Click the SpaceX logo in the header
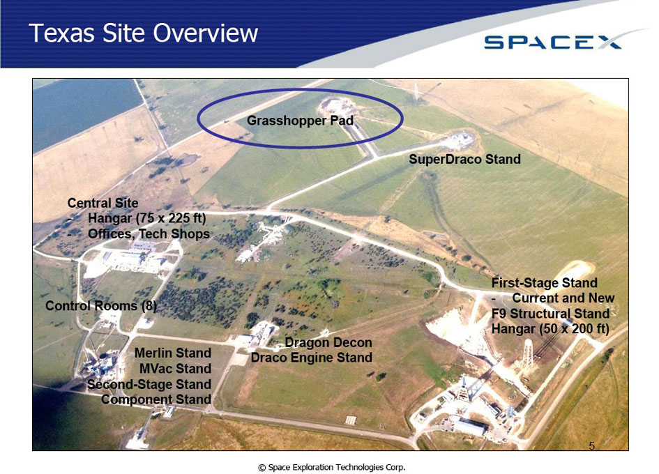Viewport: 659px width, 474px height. [x=553, y=42]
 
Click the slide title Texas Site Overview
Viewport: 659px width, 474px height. [x=144, y=33]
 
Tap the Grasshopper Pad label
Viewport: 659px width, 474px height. [x=300, y=121]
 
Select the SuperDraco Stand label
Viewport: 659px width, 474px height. [x=465, y=159]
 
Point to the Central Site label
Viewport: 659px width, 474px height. [x=103, y=203]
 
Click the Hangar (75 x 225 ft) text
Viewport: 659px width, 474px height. [x=147, y=218]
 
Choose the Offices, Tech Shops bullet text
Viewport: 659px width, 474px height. [x=149, y=234]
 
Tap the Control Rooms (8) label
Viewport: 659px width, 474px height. [x=101, y=305]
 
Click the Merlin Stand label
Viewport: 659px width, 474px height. [x=173, y=353]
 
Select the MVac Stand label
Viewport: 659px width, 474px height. [x=175, y=368]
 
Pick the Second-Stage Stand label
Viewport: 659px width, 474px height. [x=149, y=384]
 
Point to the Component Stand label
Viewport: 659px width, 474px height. [x=156, y=399]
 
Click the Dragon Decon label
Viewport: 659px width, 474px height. [x=328, y=342]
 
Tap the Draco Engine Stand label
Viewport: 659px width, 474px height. [x=312, y=358]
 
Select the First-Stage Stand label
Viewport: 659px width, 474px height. [x=544, y=282]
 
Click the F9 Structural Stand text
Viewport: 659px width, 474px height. [x=551, y=314]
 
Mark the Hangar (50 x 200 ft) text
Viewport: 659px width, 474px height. [x=551, y=328]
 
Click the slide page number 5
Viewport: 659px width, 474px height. [x=592, y=446]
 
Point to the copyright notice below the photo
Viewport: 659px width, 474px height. [x=332, y=467]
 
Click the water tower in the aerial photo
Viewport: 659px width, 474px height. [x=527, y=354]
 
